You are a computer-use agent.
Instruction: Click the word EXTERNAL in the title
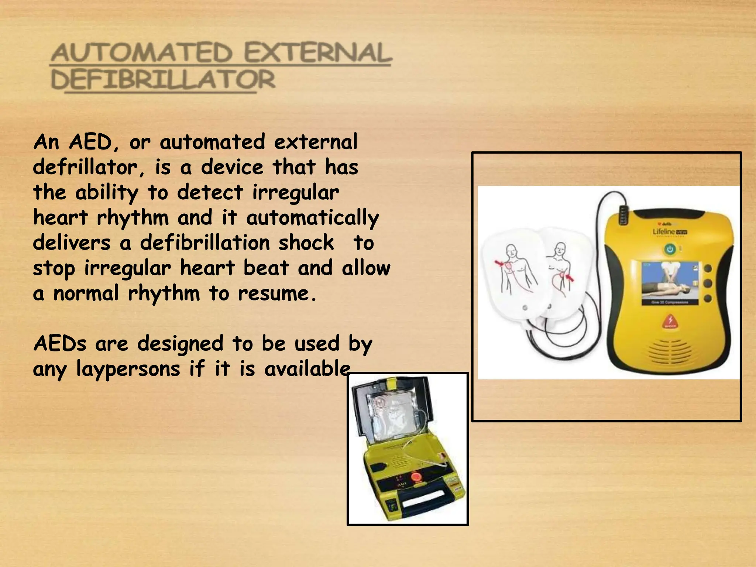(x=317, y=53)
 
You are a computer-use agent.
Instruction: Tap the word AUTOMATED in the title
(x=142, y=53)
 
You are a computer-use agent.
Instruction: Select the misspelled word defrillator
(x=85, y=167)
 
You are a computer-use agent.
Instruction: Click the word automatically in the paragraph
(x=312, y=218)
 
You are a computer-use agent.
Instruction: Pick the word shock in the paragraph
(x=306, y=243)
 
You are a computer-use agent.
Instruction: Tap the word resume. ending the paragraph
(x=277, y=293)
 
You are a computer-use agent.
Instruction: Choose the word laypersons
(x=128, y=369)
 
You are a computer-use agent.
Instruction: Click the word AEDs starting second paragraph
(x=60, y=343)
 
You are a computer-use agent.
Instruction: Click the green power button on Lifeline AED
(x=670, y=250)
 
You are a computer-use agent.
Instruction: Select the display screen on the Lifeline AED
(x=670, y=282)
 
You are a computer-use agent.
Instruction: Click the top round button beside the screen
(x=708, y=269)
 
